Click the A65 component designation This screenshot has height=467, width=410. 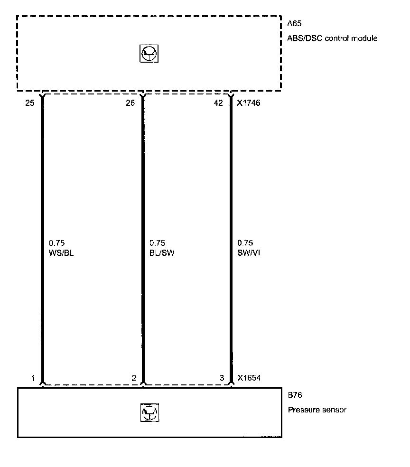[x=294, y=23]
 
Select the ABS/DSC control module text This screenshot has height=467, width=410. [x=333, y=38]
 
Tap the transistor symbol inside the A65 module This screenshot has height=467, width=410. [x=149, y=54]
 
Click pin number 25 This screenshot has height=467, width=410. [x=30, y=103]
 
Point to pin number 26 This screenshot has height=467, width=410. [x=130, y=103]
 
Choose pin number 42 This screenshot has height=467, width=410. [x=218, y=103]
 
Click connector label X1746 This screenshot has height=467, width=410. [x=248, y=103]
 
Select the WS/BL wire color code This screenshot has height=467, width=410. [x=61, y=253]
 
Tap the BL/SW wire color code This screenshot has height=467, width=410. [x=162, y=253]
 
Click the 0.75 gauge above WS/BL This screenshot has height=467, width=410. [x=57, y=243]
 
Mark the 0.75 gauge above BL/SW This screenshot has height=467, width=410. [x=157, y=243]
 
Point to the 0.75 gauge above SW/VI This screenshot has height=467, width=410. [x=245, y=243]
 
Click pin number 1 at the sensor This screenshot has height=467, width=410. [x=33, y=378]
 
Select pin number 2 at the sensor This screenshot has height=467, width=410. [x=134, y=378]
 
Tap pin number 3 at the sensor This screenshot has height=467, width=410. [x=222, y=378]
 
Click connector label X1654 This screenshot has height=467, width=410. [x=249, y=378]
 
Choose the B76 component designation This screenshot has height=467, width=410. [x=295, y=395]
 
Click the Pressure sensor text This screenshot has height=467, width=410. [x=317, y=410]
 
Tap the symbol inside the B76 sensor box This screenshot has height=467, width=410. [x=149, y=412]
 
